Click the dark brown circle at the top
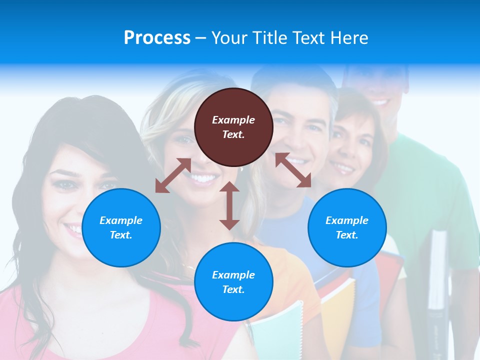point(233,127)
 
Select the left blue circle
point(121,227)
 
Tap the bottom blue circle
point(233,282)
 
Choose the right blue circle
point(347,227)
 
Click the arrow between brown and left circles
point(173,175)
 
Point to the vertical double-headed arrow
point(229,205)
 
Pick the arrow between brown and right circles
point(293,170)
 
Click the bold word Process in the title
point(157,37)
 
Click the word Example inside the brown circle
point(233,120)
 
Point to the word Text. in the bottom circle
point(233,289)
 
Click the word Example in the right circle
point(347,220)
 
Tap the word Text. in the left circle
point(121,235)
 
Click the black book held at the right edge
point(437,280)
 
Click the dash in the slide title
point(200,38)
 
